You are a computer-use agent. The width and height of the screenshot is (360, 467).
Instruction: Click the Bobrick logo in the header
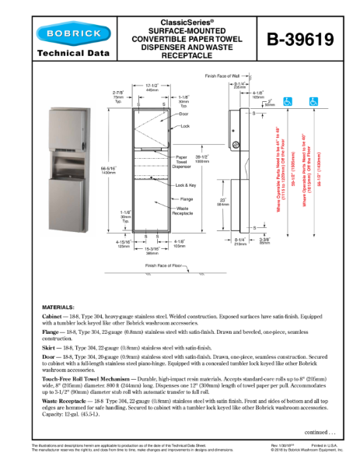point(65,33)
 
